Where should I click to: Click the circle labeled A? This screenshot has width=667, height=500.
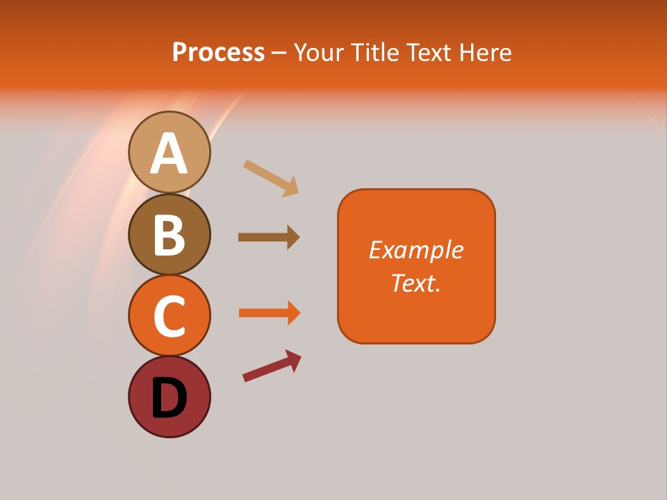(x=169, y=152)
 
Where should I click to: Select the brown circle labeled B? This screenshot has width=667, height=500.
(x=169, y=234)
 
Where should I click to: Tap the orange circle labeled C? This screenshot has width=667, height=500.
(x=169, y=315)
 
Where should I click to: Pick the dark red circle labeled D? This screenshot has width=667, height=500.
(x=169, y=397)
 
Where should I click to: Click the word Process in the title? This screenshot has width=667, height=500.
(x=218, y=52)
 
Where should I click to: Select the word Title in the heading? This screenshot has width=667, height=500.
(x=377, y=52)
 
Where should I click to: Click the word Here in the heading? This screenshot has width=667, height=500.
(x=486, y=52)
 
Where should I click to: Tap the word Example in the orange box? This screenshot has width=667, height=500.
(x=415, y=249)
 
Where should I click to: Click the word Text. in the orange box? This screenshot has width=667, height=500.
(x=415, y=283)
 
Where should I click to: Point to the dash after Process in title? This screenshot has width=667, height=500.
(x=279, y=53)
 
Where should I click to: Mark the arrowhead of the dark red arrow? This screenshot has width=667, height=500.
(x=293, y=359)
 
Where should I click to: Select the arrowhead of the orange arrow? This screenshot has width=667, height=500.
(x=293, y=312)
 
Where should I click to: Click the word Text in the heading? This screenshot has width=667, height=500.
(x=431, y=52)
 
